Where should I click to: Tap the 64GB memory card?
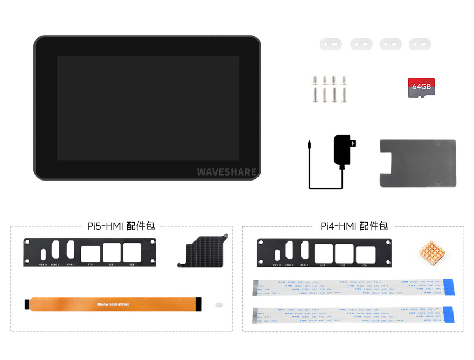click(421, 87)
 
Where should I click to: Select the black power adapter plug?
click(344, 150)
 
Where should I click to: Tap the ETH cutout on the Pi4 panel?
click(365, 253)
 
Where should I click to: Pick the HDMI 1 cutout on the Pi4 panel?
click(304, 252)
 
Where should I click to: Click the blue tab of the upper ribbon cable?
click(449, 287)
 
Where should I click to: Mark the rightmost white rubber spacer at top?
click(420, 44)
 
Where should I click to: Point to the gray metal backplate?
click(417, 163)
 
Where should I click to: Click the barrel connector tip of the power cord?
click(309, 144)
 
